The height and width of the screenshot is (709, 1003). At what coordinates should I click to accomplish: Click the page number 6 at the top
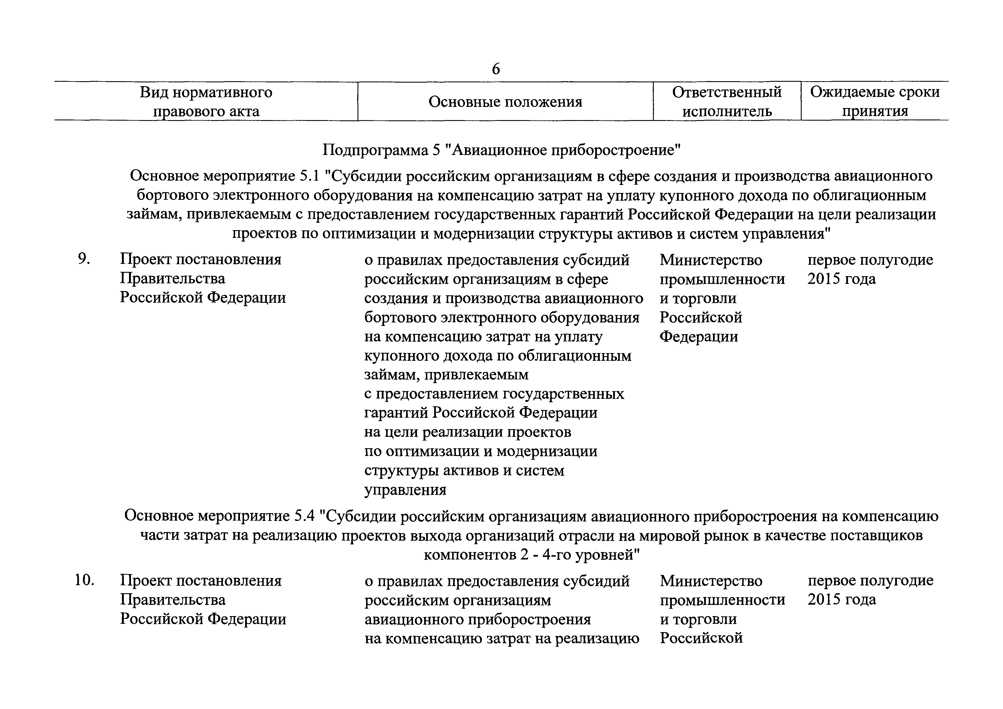click(x=496, y=69)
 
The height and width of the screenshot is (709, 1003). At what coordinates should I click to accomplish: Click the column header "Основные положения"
click(x=505, y=102)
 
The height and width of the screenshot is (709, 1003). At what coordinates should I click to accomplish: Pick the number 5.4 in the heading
click(x=305, y=517)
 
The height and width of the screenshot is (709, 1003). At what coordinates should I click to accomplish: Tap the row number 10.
click(x=85, y=581)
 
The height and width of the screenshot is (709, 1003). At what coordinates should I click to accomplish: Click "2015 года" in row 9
click(x=841, y=279)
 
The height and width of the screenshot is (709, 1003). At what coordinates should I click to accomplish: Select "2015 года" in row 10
click(x=841, y=600)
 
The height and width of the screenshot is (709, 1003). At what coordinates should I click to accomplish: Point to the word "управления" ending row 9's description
click(x=405, y=490)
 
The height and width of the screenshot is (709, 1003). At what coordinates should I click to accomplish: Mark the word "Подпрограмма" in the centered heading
click(x=375, y=151)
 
